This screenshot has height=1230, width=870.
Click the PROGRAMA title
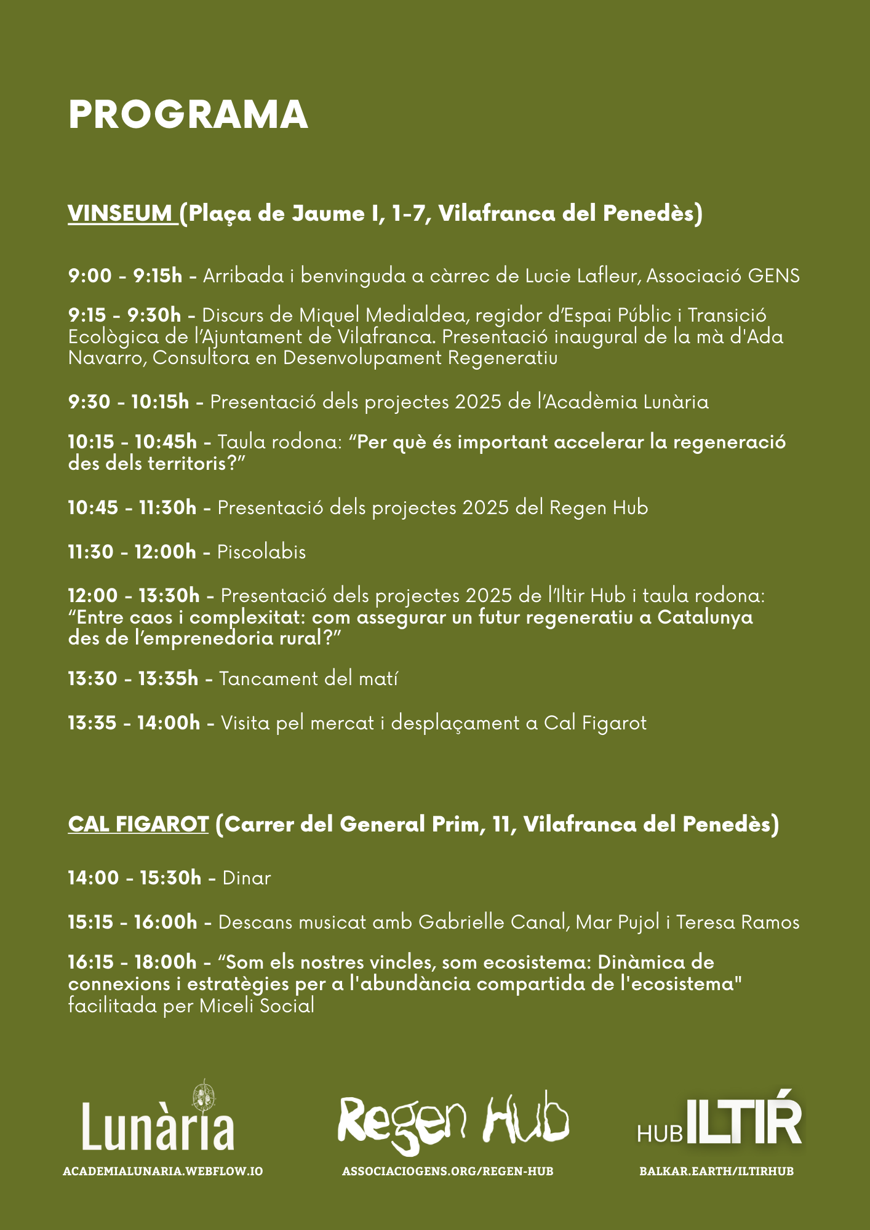pos(188,115)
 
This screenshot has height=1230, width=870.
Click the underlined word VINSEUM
pos(121,213)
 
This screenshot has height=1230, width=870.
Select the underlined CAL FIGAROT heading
pos(138,824)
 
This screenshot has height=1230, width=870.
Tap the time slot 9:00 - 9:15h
pos(126,276)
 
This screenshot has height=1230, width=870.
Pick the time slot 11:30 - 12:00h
pos(132,552)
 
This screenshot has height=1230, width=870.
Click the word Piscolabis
pos(261,552)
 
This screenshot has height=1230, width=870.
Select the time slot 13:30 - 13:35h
pos(133,678)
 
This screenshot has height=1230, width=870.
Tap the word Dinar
pos(247,878)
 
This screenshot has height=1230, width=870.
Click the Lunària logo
pos(159,1117)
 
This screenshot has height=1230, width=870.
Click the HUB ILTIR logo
pos(719,1121)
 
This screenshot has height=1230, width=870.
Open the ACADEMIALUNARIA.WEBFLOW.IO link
pos(163,1171)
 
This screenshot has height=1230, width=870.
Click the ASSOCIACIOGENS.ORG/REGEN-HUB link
pos(448,1171)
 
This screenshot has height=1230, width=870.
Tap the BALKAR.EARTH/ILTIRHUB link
pos(717,1171)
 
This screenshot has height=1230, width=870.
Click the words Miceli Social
pos(257,1006)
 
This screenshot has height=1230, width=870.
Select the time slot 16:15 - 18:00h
pos(132,962)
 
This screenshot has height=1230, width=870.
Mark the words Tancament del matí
pos(308,678)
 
